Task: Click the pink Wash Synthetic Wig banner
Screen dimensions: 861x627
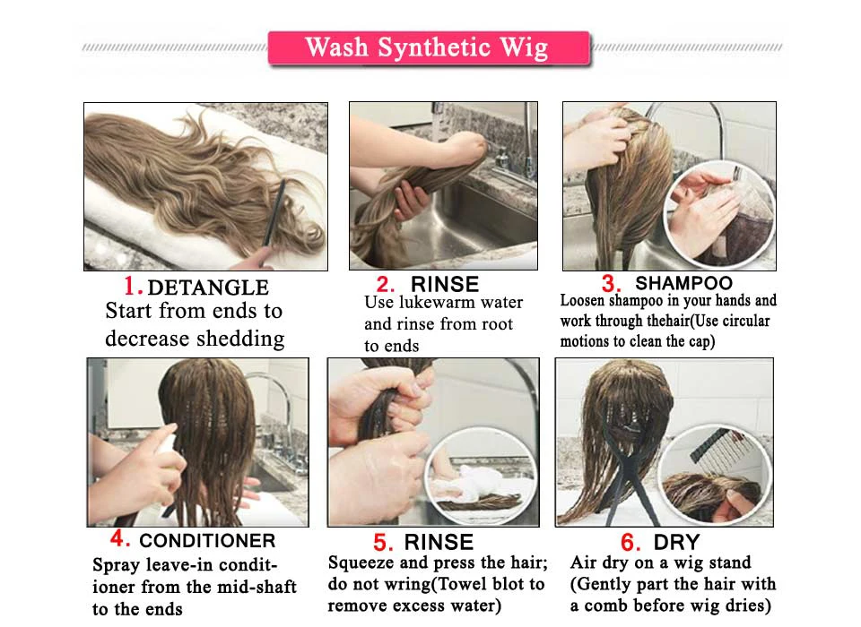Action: tap(429, 48)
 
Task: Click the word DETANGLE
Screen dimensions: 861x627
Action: tap(208, 288)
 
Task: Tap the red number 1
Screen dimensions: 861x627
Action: tap(133, 286)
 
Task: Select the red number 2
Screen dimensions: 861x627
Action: tap(385, 284)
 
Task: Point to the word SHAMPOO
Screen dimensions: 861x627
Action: tap(683, 283)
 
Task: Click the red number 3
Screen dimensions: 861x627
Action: tap(611, 284)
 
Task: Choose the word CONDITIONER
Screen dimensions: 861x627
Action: tap(207, 541)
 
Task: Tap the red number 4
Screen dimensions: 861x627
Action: tap(119, 538)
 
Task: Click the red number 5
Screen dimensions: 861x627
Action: tap(383, 543)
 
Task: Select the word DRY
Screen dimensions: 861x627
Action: tap(676, 543)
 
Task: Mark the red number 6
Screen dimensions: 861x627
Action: tap(631, 543)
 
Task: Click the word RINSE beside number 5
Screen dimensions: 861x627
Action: tap(439, 543)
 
